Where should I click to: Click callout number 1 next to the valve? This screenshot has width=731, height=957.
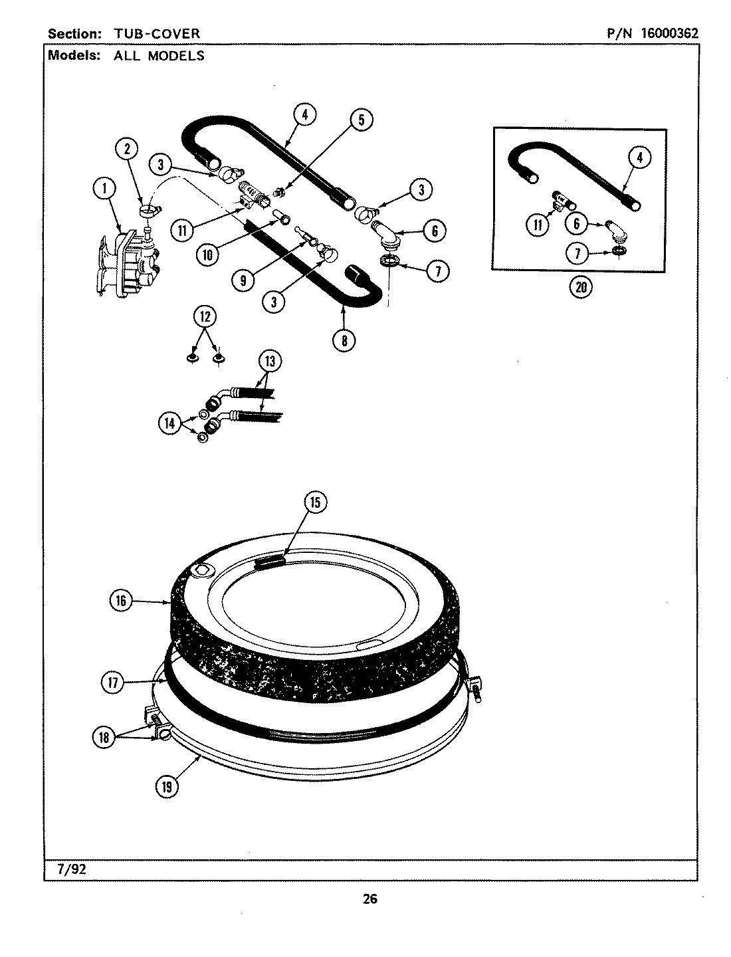[x=103, y=190]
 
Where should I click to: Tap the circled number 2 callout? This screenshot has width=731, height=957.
[x=127, y=149]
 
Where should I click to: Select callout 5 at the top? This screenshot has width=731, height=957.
[x=362, y=120]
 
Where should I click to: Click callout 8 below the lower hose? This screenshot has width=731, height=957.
[x=344, y=341]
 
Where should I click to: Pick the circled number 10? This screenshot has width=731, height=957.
[x=208, y=253]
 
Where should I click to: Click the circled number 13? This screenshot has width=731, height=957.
[x=269, y=362]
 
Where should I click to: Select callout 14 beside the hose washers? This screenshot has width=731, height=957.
[x=169, y=422]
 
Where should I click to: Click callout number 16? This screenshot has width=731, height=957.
[x=120, y=601]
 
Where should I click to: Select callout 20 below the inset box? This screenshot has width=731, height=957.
[x=581, y=287]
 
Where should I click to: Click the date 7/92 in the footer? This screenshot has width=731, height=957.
[x=60, y=871]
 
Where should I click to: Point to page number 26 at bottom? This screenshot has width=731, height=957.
[x=369, y=899]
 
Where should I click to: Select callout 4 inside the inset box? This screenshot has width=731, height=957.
[x=639, y=158]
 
